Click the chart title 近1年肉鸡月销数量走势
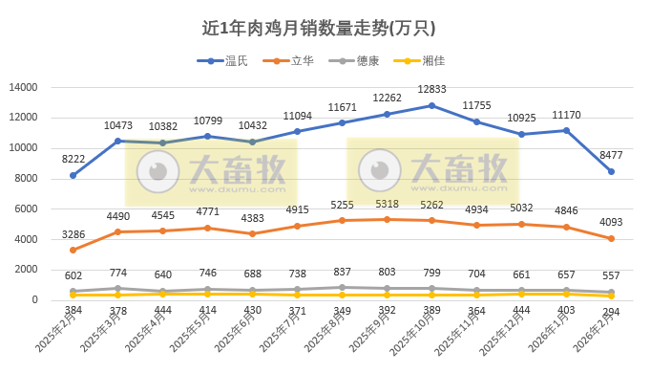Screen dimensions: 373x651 325,28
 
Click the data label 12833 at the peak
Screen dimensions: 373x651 431,90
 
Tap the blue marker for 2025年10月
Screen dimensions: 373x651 431,105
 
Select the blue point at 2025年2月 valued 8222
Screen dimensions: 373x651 73,175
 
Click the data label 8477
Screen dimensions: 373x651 612,156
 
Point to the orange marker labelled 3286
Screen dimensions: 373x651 73,251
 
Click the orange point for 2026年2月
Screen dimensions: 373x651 611,238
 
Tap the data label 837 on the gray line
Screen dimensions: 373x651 342,274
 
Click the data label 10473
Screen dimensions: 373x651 118,125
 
